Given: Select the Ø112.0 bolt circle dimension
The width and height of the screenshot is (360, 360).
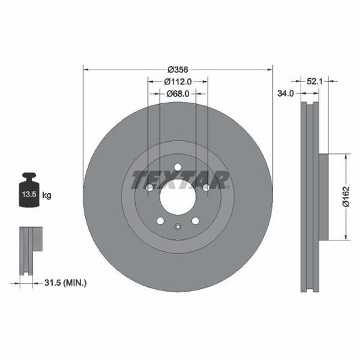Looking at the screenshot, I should [178, 81].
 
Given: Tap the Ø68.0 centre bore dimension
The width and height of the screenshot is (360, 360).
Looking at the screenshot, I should [178, 94].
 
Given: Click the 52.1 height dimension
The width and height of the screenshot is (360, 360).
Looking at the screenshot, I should [313, 81].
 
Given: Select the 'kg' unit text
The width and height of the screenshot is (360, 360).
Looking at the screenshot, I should [47, 195].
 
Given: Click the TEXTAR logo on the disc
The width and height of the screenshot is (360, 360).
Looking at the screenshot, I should [180, 179].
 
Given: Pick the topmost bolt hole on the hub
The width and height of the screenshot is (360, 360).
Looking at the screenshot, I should [178, 168].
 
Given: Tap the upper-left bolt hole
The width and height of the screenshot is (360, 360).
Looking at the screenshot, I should [149, 187].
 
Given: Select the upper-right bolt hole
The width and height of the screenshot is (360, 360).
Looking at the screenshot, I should [206, 187].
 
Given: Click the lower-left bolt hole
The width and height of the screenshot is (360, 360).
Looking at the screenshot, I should [160, 221].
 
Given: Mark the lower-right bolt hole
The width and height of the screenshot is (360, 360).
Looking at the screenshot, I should [195, 221].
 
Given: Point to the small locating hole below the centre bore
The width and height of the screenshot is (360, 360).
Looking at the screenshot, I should [178, 227].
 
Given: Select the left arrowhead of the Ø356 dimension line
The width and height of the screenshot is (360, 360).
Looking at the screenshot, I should [85, 69].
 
